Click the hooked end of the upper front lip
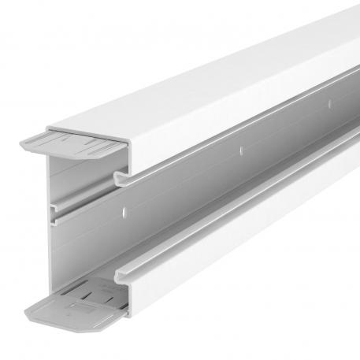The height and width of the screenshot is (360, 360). coord(120,180)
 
